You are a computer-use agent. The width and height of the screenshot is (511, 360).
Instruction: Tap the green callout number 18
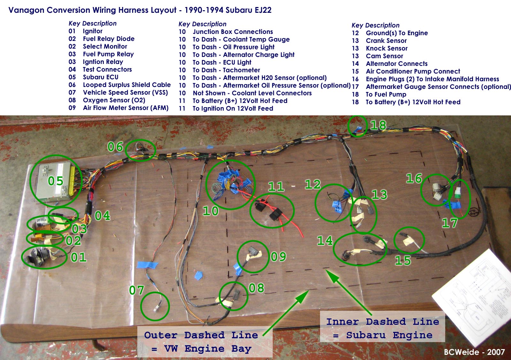pos(378,125)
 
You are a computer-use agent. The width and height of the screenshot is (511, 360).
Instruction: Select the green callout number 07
pos(137,290)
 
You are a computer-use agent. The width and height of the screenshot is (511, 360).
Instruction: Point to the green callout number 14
pos(325,241)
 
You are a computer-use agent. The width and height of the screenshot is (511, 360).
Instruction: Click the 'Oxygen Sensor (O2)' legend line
pos(114,100)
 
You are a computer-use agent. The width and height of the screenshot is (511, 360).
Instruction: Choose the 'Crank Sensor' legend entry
pos(386,41)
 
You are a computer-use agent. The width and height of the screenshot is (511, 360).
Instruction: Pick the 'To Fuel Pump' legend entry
pos(386,94)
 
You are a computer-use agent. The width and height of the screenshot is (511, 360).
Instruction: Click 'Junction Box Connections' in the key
pos(233,32)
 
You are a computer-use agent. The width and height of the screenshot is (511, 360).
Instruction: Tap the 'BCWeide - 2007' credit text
pos(474,352)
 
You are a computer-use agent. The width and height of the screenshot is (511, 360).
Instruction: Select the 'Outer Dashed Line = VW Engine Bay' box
pos(205,342)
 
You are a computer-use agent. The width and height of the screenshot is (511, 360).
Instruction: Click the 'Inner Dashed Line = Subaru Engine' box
pos(382,328)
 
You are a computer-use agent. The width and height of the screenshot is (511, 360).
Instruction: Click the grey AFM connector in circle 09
pos(253,252)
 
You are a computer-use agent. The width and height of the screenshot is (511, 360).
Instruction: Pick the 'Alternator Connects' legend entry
pos(397,64)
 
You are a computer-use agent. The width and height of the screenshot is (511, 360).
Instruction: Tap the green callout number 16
pos(414,178)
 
